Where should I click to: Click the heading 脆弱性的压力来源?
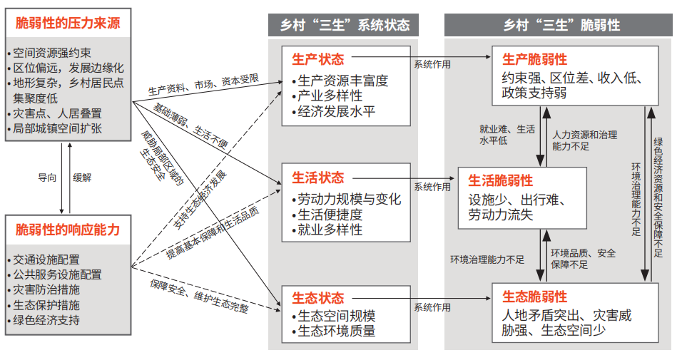[x=68, y=23]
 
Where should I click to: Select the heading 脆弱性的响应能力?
[x=68, y=230]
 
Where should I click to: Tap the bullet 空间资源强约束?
[x=52, y=53]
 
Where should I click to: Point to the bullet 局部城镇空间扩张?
[x=57, y=129]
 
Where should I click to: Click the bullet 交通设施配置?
[x=46, y=260]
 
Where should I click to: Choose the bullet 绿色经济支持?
[x=46, y=320]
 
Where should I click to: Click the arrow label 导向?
[x=47, y=178]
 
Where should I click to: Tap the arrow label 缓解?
[x=82, y=178]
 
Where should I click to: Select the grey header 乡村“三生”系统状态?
[x=345, y=25]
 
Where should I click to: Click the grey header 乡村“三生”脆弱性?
[x=561, y=25]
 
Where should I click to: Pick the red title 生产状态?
[x=318, y=60]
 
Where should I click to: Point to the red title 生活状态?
[x=318, y=178]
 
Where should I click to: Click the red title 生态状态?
[x=318, y=298]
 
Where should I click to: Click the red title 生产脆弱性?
[x=534, y=60]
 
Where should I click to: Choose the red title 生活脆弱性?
[x=500, y=180]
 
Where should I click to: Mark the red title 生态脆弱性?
[x=534, y=297]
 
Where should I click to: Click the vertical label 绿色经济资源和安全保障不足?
[x=658, y=197]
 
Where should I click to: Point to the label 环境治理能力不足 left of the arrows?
[x=487, y=259]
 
